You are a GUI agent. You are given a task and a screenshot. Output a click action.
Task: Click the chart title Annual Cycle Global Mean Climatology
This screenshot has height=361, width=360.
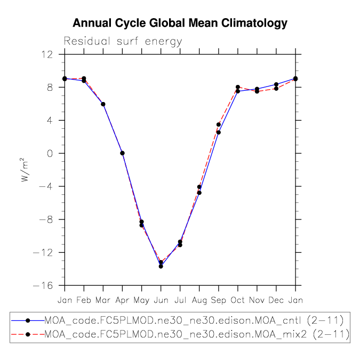(x=180, y=23)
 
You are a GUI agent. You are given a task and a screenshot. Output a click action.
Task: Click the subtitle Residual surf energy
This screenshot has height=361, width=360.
(x=123, y=42)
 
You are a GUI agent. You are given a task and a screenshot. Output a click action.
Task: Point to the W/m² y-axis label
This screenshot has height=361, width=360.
(x=25, y=170)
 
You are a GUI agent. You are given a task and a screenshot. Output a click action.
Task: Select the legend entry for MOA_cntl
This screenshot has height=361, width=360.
(x=177, y=320)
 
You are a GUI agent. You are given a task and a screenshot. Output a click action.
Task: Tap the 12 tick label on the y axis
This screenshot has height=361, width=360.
(x=47, y=55)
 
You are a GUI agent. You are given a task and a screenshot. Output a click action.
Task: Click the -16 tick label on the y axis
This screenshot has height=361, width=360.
(x=43, y=286)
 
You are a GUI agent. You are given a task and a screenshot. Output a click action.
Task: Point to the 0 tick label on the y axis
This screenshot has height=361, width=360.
(x=50, y=154)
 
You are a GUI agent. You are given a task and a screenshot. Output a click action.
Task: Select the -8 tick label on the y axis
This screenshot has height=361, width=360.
(x=46, y=219)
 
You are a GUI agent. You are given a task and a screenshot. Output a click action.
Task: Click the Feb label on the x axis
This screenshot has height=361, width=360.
(x=84, y=300)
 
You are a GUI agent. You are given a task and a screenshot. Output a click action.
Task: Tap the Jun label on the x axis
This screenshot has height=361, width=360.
(x=161, y=300)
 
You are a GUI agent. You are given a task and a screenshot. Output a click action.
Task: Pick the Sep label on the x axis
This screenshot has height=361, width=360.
(x=218, y=300)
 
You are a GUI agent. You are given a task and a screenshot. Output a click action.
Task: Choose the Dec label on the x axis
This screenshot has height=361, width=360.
(x=276, y=300)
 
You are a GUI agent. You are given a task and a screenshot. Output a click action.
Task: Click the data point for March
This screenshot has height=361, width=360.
(x=103, y=104)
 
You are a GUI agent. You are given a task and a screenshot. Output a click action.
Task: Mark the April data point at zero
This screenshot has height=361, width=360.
(x=122, y=153)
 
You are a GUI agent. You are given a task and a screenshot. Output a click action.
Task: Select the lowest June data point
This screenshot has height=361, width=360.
(x=161, y=266)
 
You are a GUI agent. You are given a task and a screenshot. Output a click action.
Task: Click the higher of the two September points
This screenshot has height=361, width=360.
(x=219, y=124)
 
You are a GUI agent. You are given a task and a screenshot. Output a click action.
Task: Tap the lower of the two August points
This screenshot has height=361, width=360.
(x=199, y=193)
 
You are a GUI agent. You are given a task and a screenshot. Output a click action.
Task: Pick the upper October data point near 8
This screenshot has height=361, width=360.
(x=238, y=87)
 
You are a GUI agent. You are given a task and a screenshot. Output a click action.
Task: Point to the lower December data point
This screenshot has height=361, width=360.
(x=276, y=89)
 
